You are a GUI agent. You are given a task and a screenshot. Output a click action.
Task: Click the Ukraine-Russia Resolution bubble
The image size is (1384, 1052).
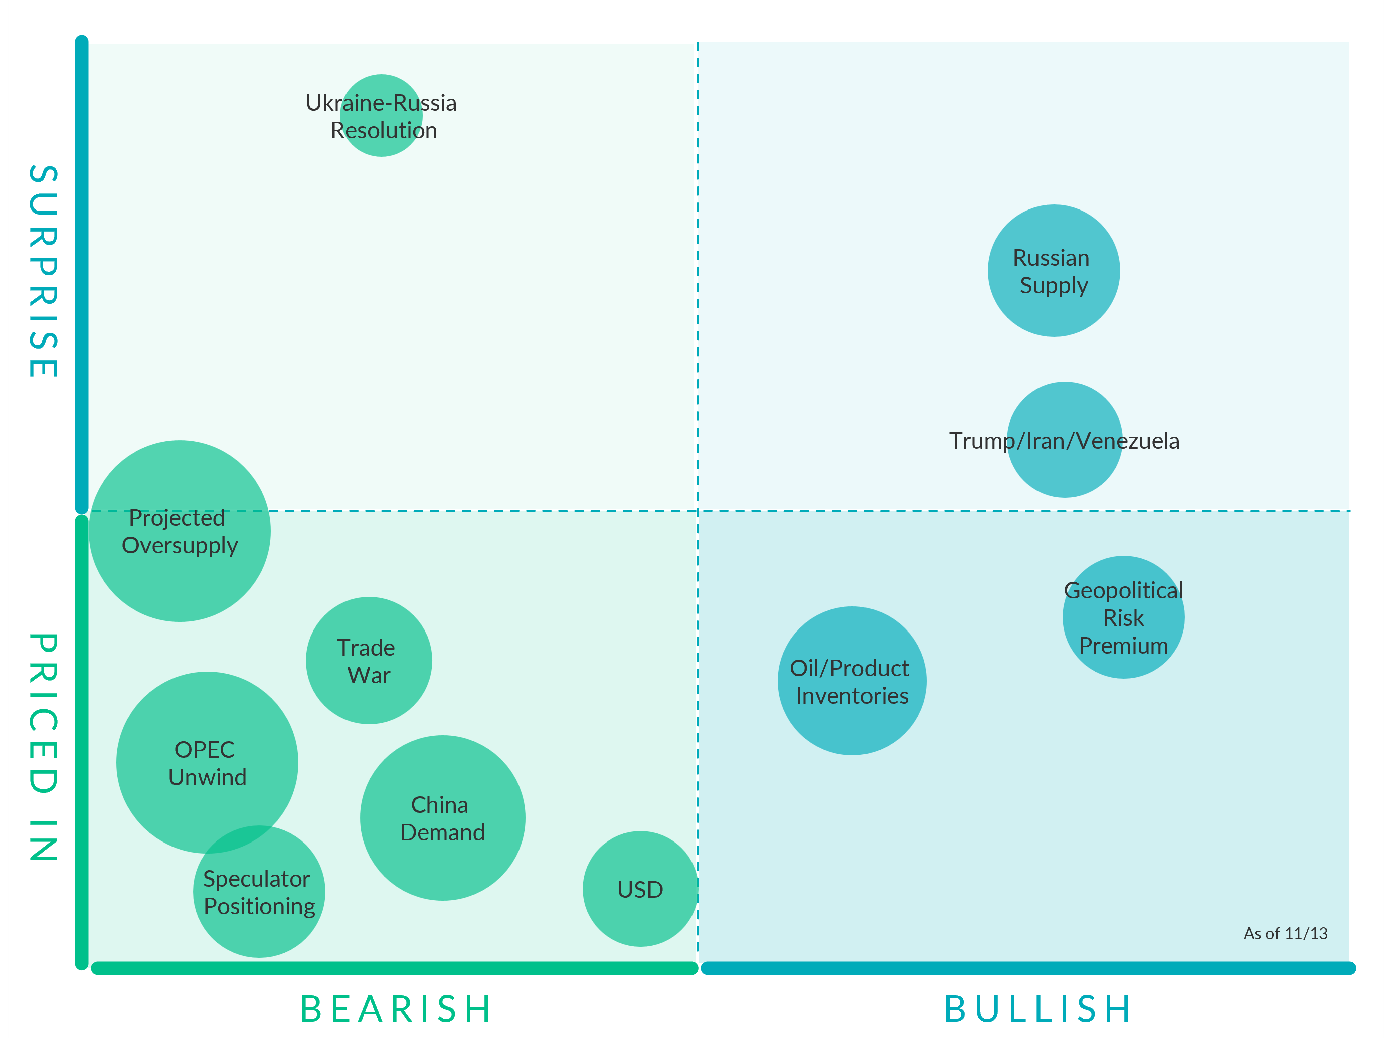(x=381, y=116)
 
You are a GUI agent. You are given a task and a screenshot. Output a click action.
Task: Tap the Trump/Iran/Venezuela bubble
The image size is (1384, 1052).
(x=1064, y=440)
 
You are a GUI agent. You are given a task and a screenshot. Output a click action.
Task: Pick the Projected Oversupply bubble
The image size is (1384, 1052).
(x=180, y=531)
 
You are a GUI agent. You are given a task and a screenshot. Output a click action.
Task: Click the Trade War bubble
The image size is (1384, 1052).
(x=369, y=661)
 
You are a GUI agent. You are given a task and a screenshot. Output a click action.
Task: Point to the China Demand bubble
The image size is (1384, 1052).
(x=442, y=818)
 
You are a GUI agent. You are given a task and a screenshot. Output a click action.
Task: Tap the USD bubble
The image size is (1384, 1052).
(x=640, y=889)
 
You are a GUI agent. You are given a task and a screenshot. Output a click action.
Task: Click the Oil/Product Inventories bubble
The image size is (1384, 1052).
(x=851, y=681)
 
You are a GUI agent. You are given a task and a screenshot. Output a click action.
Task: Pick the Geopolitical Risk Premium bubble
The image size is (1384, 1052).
(x=1123, y=617)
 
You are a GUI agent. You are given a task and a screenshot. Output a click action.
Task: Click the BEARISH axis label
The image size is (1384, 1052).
(x=396, y=1009)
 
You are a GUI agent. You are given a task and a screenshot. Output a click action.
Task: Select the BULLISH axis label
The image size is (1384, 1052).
(x=1038, y=1009)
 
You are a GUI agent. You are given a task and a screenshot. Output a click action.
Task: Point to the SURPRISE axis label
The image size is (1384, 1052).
(x=43, y=271)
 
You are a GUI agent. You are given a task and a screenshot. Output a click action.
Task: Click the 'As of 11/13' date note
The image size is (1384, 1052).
(x=1285, y=934)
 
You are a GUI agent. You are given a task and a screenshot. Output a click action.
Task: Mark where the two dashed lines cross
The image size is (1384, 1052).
(x=698, y=511)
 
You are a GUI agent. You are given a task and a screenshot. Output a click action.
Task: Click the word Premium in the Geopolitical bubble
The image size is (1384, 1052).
(x=1123, y=646)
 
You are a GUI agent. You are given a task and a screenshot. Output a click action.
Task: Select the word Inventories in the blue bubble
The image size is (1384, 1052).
(x=852, y=696)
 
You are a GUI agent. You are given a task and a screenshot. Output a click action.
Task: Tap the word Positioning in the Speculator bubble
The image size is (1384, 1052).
(x=259, y=907)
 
